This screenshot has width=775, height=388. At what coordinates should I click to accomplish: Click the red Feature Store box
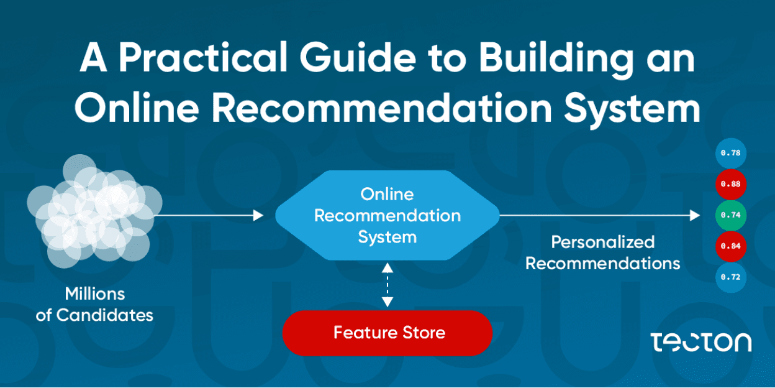pyautogui.click(x=387, y=333)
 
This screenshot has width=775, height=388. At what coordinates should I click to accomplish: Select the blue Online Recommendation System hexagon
pyautogui.click(x=387, y=215)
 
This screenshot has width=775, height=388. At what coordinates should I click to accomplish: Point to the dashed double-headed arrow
pyautogui.click(x=387, y=285)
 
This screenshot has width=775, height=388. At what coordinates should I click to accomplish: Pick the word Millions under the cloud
pyautogui.click(x=95, y=293)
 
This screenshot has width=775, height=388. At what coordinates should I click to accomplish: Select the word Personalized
pyautogui.click(x=603, y=241)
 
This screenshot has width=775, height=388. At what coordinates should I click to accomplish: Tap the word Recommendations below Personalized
pyautogui.click(x=603, y=263)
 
